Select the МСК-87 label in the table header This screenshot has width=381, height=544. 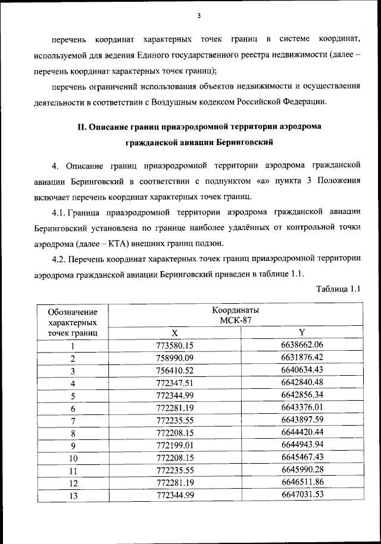(236, 322)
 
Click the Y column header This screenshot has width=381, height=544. (302, 332)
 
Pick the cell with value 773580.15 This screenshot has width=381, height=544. (175, 345)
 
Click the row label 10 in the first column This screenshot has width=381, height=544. (73, 457)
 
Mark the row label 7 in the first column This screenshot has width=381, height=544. (73, 420)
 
